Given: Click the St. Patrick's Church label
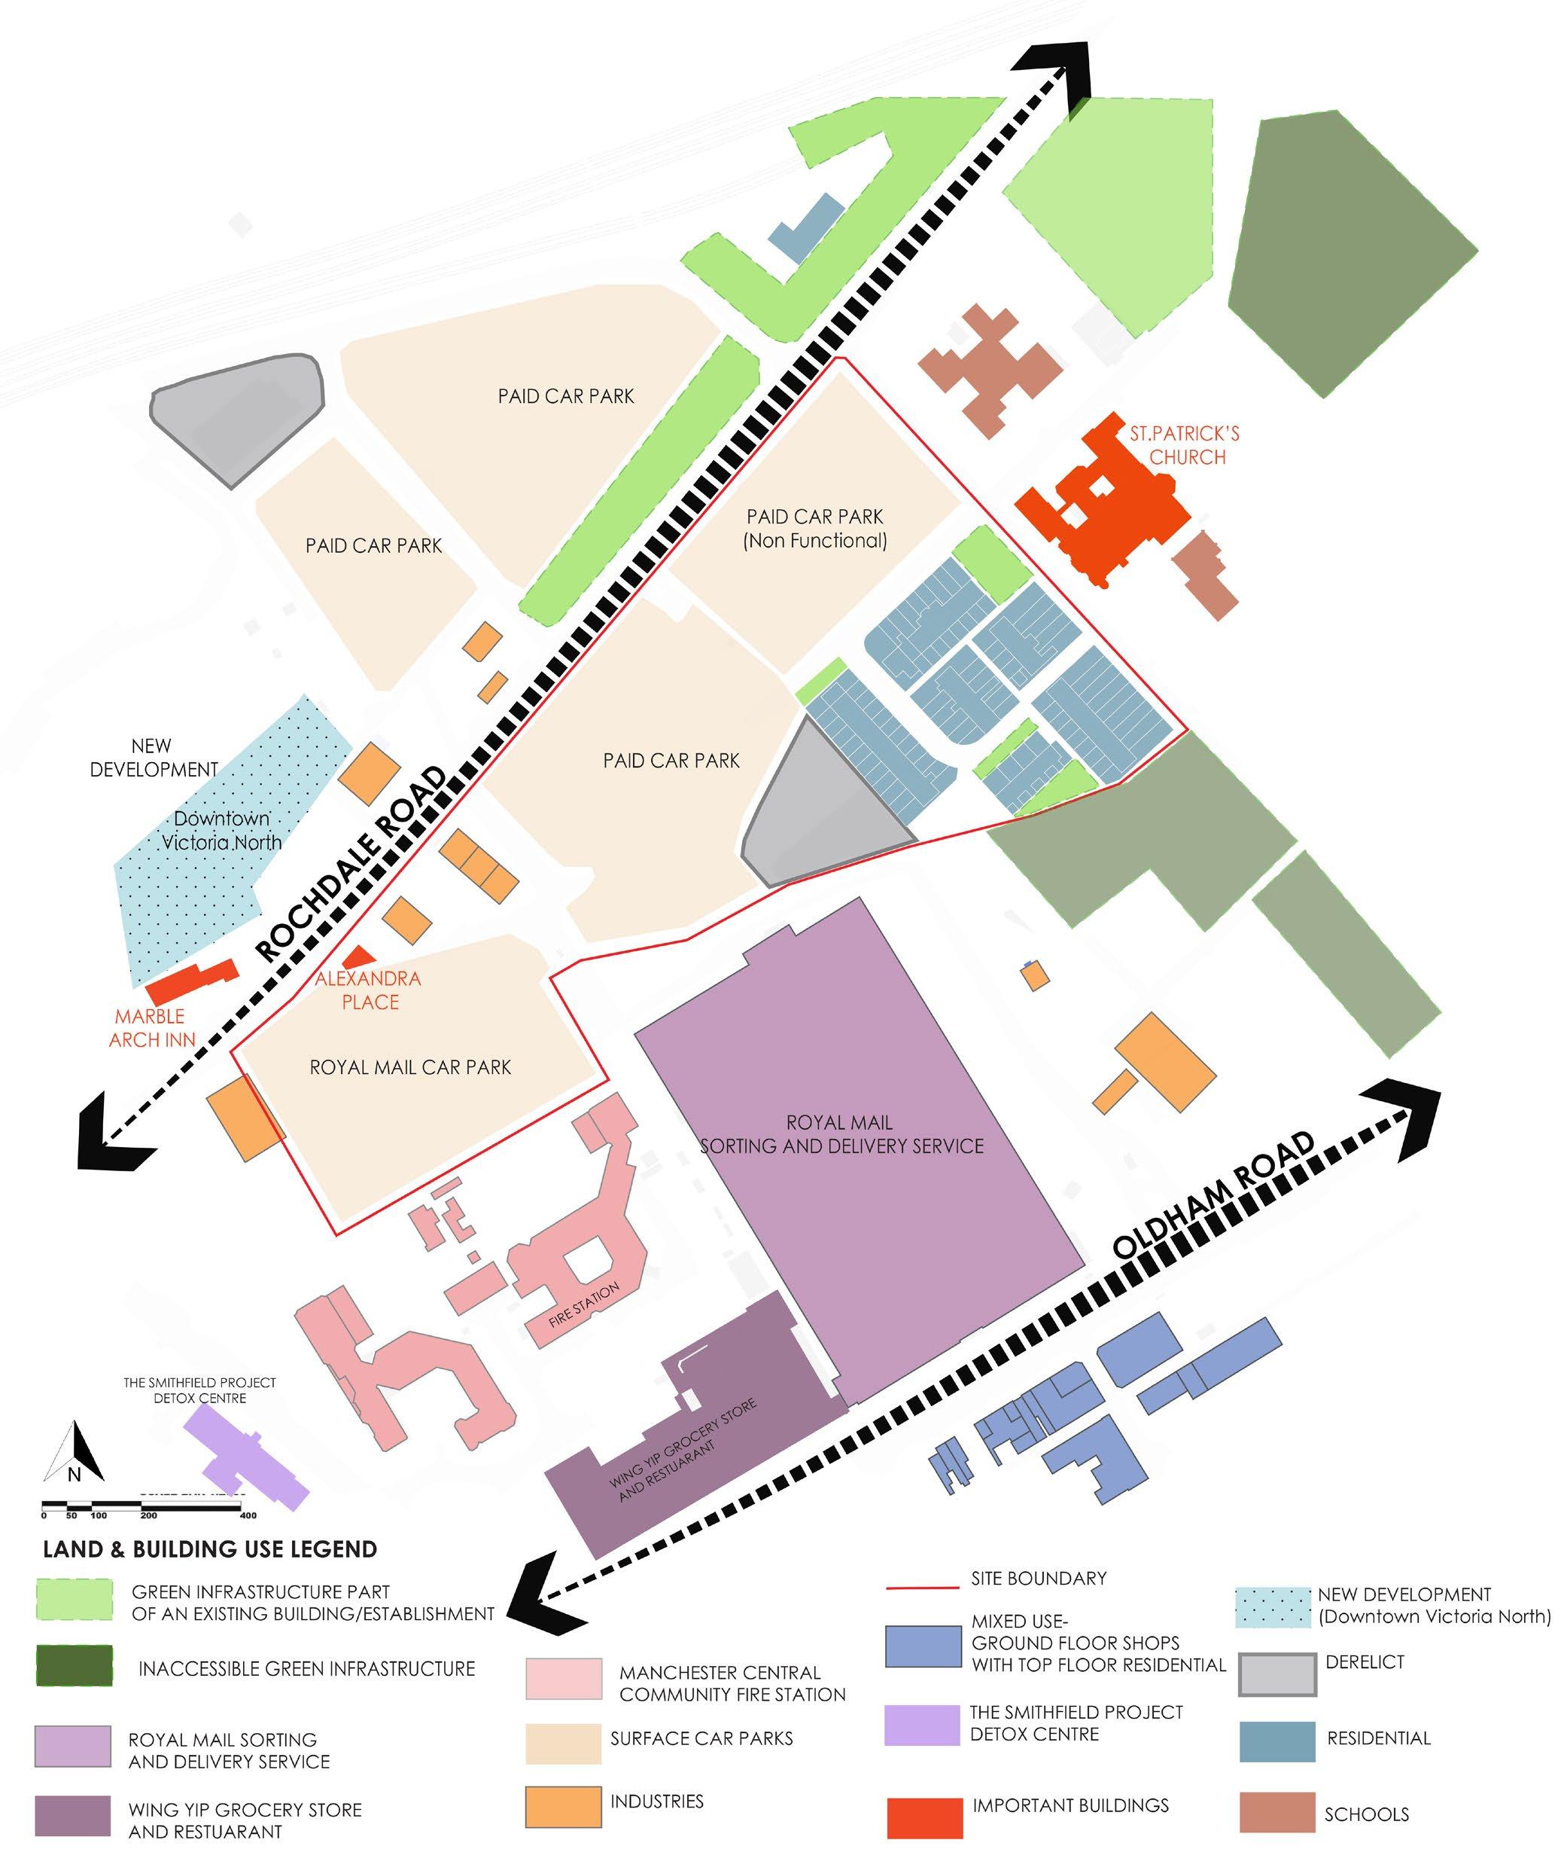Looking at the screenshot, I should click(1184, 445).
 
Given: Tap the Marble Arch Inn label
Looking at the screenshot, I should click(151, 1027).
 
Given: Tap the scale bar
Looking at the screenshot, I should click(147, 1506).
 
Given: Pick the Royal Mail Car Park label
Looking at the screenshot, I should click(410, 1066).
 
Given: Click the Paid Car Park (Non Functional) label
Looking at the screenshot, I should click(814, 528).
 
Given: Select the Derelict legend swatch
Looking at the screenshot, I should click(1277, 1674).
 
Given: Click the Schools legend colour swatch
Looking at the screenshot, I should click(1276, 1813).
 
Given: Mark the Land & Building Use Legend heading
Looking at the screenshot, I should click(210, 1550).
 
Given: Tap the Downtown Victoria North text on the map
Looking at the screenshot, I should click(221, 830).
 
